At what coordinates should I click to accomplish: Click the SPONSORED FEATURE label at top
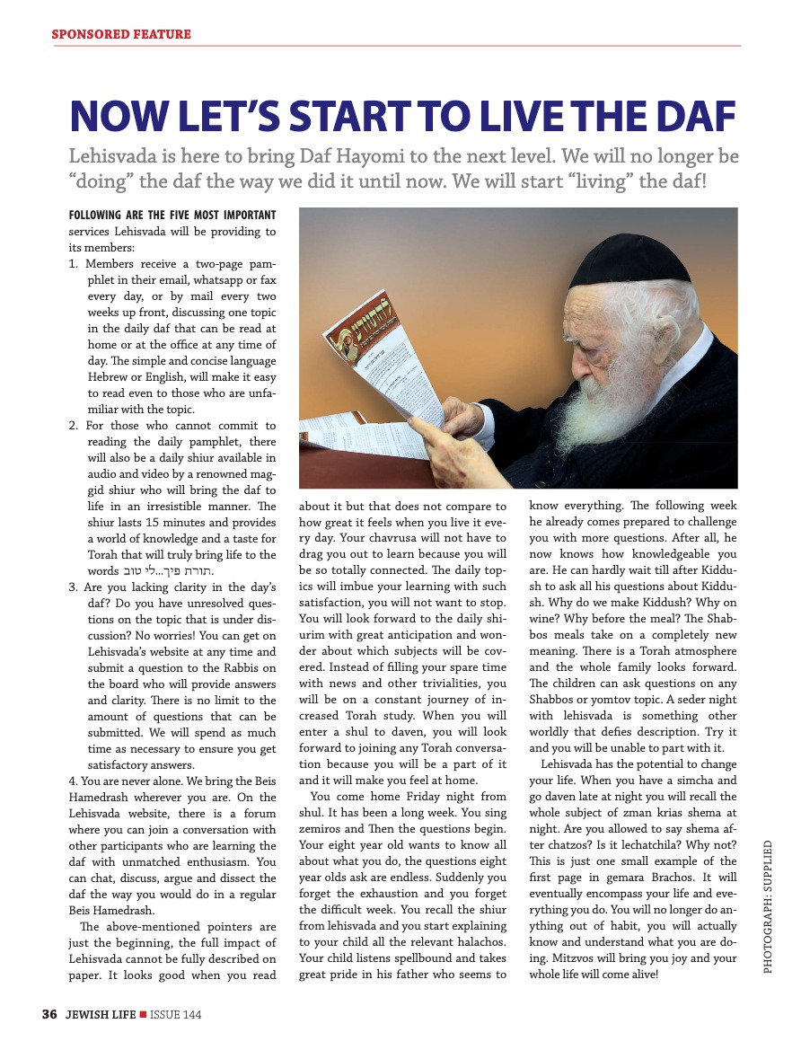pyautogui.click(x=121, y=34)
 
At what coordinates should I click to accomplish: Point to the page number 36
pyautogui.click(x=49, y=1015)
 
